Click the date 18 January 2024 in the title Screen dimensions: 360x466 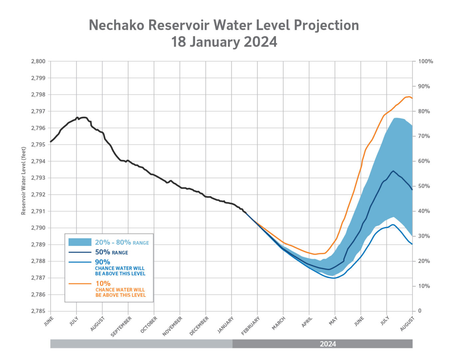[224, 42]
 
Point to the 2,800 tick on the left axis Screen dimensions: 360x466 [38, 62]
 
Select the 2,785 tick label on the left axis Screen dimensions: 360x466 [38, 311]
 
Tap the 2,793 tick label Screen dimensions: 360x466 [38, 178]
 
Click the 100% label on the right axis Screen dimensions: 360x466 [426, 62]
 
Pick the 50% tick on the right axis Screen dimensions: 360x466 [424, 186]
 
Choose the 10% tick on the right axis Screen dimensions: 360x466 [424, 286]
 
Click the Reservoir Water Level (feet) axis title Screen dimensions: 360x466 [24, 181]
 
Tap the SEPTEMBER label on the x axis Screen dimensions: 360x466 [121, 326]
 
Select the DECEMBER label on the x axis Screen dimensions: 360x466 [199, 326]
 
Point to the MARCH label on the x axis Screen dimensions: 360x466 [279, 323]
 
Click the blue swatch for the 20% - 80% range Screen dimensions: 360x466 [80, 242]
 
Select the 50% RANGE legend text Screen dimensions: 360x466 [112, 253]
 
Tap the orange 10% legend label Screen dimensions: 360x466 [103, 283]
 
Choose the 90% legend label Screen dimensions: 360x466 [103, 262]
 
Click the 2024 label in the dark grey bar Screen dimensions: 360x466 [328, 344]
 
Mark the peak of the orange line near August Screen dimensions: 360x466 [409, 97]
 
